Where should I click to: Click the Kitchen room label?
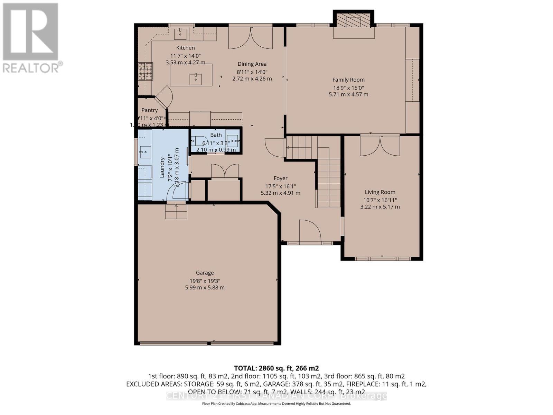coord(186,48)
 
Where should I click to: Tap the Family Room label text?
coord(348,80)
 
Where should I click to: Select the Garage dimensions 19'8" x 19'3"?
coord(205,281)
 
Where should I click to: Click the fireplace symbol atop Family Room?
coord(354,21)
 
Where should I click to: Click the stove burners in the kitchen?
coord(146,72)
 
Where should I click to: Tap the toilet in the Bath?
coord(197,141)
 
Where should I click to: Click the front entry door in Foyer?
coord(310,232)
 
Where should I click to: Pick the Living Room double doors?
coord(380,146)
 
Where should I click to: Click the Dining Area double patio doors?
coord(251,38)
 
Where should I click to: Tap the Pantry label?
coord(149,110)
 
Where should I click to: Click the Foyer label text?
coord(280,178)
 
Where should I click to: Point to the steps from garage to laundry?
coord(176,211)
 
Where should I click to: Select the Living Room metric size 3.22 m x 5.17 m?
coord(380,207)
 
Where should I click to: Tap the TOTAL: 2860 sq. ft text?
coord(276,368)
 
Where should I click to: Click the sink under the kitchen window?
coord(180,34)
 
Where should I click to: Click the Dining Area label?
coord(252,64)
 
